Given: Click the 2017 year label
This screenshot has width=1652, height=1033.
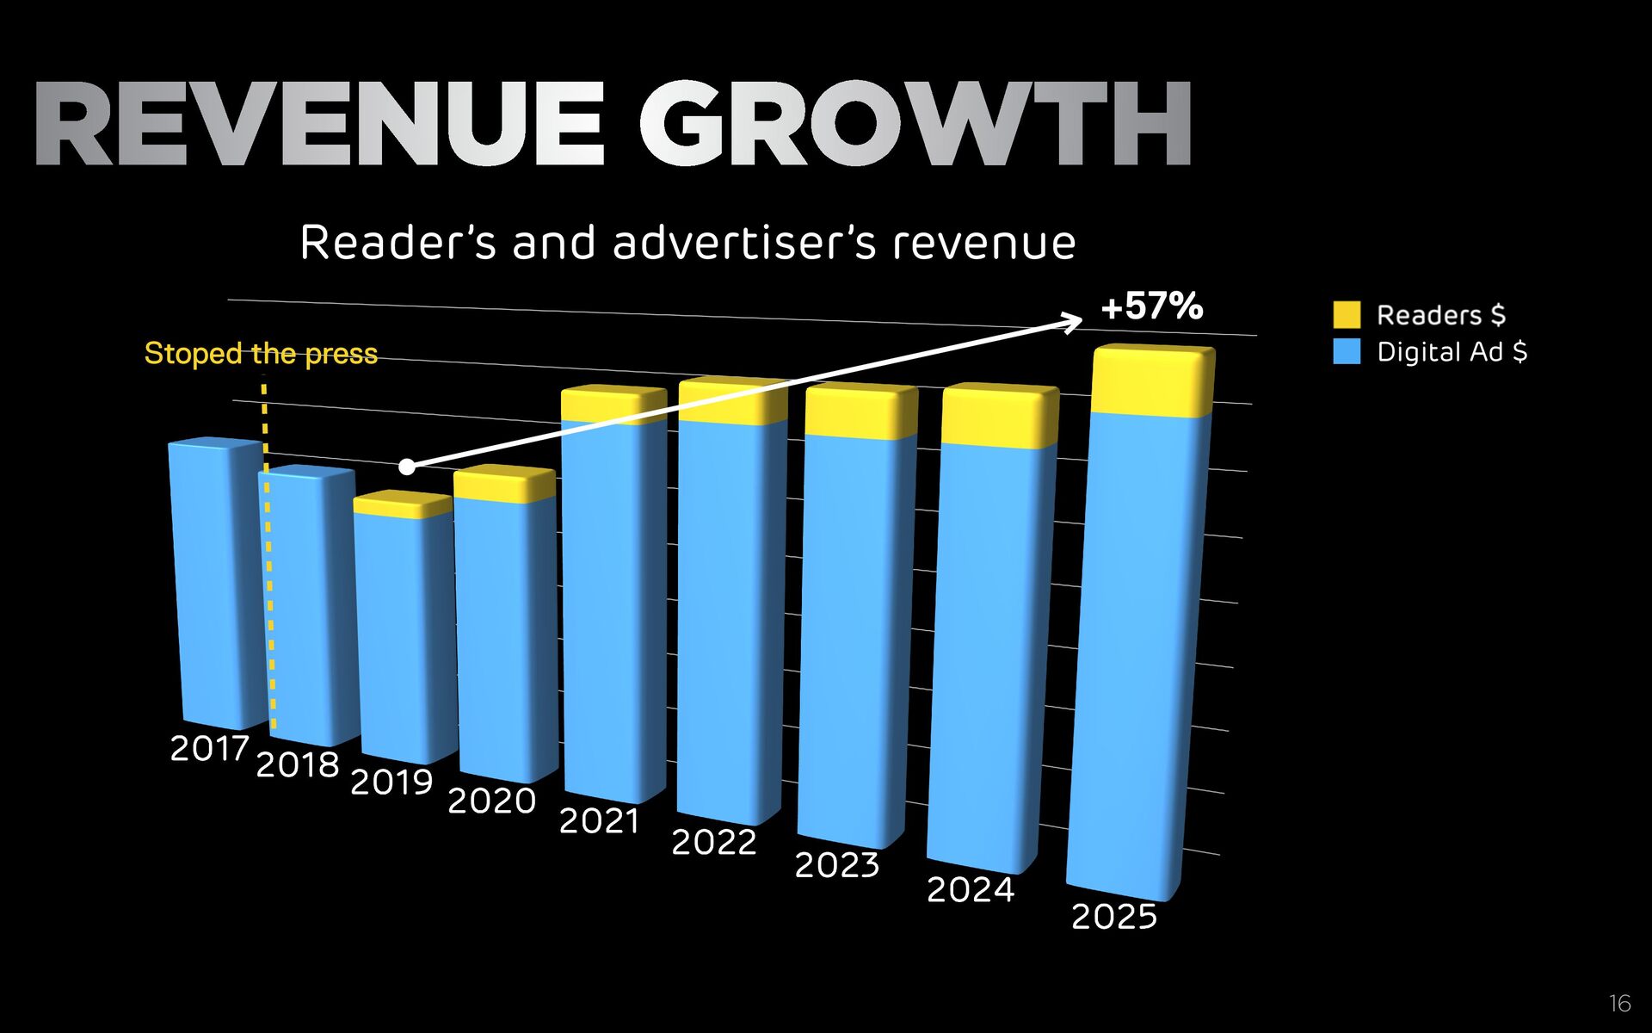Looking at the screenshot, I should click(210, 748).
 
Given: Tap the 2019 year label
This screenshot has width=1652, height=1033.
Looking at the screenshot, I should click(391, 782).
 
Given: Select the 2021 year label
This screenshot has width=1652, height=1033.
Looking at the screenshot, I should click(600, 820).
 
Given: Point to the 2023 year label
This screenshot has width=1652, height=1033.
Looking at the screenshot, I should click(837, 864).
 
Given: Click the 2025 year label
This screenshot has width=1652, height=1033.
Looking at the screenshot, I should click(1114, 916).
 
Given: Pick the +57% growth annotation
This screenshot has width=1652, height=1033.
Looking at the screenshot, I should click(1151, 306).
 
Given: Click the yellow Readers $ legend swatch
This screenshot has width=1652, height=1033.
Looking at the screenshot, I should click(1347, 314).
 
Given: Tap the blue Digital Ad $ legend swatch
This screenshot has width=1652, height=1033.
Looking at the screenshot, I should click(1347, 351).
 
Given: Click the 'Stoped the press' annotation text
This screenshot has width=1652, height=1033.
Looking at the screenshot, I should click(261, 353).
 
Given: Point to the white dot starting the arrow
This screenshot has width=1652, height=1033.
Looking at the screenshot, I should click(407, 467).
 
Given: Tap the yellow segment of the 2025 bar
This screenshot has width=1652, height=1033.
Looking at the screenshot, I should click(1152, 383).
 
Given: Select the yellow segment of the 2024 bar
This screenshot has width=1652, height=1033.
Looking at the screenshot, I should click(999, 418).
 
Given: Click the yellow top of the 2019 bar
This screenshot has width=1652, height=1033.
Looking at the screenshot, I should click(403, 504).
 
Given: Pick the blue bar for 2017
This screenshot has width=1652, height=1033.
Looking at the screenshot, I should click(217, 585).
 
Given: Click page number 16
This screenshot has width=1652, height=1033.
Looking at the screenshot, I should click(1619, 1003).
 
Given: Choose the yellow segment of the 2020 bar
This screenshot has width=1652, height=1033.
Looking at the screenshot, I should click(504, 485).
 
